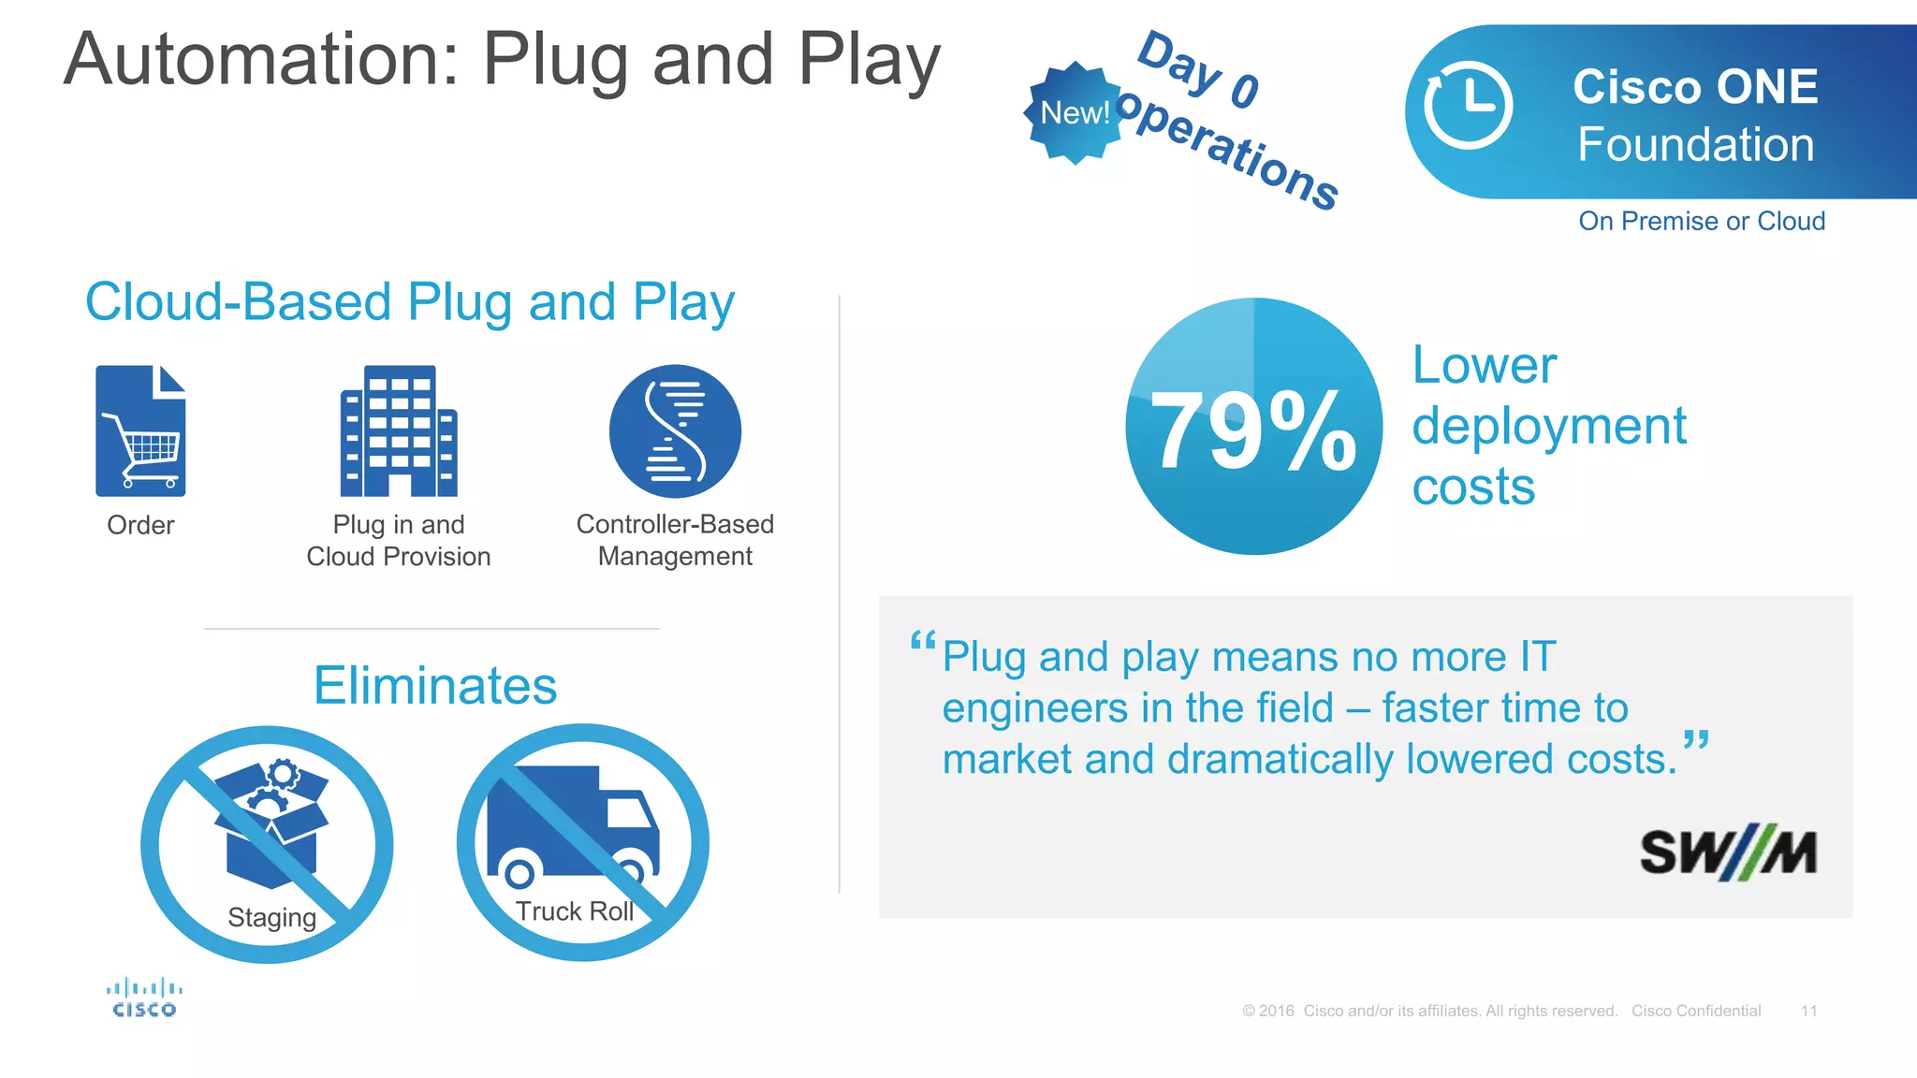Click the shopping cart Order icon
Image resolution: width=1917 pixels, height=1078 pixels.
point(140,431)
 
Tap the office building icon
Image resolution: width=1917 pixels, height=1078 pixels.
point(399,431)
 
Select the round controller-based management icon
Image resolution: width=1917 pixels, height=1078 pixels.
point(675,431)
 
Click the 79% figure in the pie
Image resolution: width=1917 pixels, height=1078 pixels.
point(1252,430)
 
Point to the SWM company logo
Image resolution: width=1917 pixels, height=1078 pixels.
point(1728,852)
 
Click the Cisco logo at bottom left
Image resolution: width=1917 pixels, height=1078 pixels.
point(144,998)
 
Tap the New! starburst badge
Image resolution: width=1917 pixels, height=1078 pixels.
point(1075,113)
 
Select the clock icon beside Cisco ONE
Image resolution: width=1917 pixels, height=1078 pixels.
point(1468,106)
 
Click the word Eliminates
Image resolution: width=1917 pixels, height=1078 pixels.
point(435,686)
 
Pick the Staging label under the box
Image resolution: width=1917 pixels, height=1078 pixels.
point(271,917)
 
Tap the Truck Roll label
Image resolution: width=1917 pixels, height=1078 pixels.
point(574,911)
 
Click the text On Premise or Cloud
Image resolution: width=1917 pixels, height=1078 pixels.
point(1701,221)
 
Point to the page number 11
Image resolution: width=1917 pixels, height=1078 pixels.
point(1808,1011)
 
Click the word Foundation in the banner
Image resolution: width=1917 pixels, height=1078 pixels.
point(1695,145)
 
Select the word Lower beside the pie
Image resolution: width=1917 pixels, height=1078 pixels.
point(1484,365)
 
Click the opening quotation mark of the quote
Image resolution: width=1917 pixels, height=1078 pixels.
point(923,642)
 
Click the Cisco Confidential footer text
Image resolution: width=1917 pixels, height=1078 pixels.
point(1695,1011)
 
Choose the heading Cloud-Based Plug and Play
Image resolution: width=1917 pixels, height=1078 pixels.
point(410,302)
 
